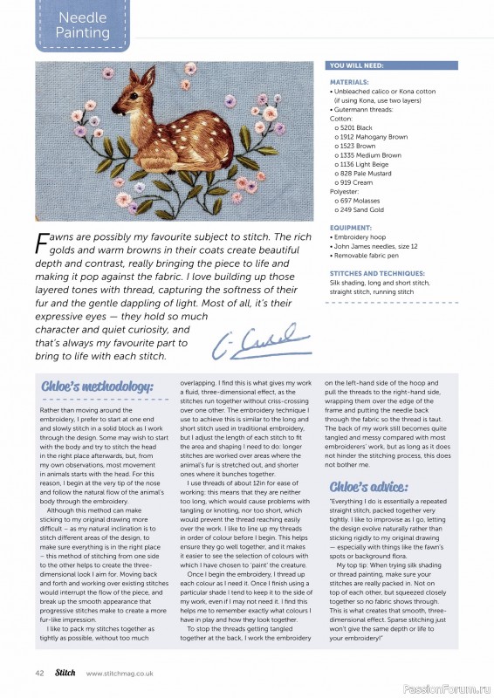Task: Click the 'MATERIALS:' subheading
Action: click(350, 82)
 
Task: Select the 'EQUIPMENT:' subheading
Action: click(350, 228)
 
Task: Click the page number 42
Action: click(39, 672)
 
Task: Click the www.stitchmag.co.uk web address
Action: click(122, 673)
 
